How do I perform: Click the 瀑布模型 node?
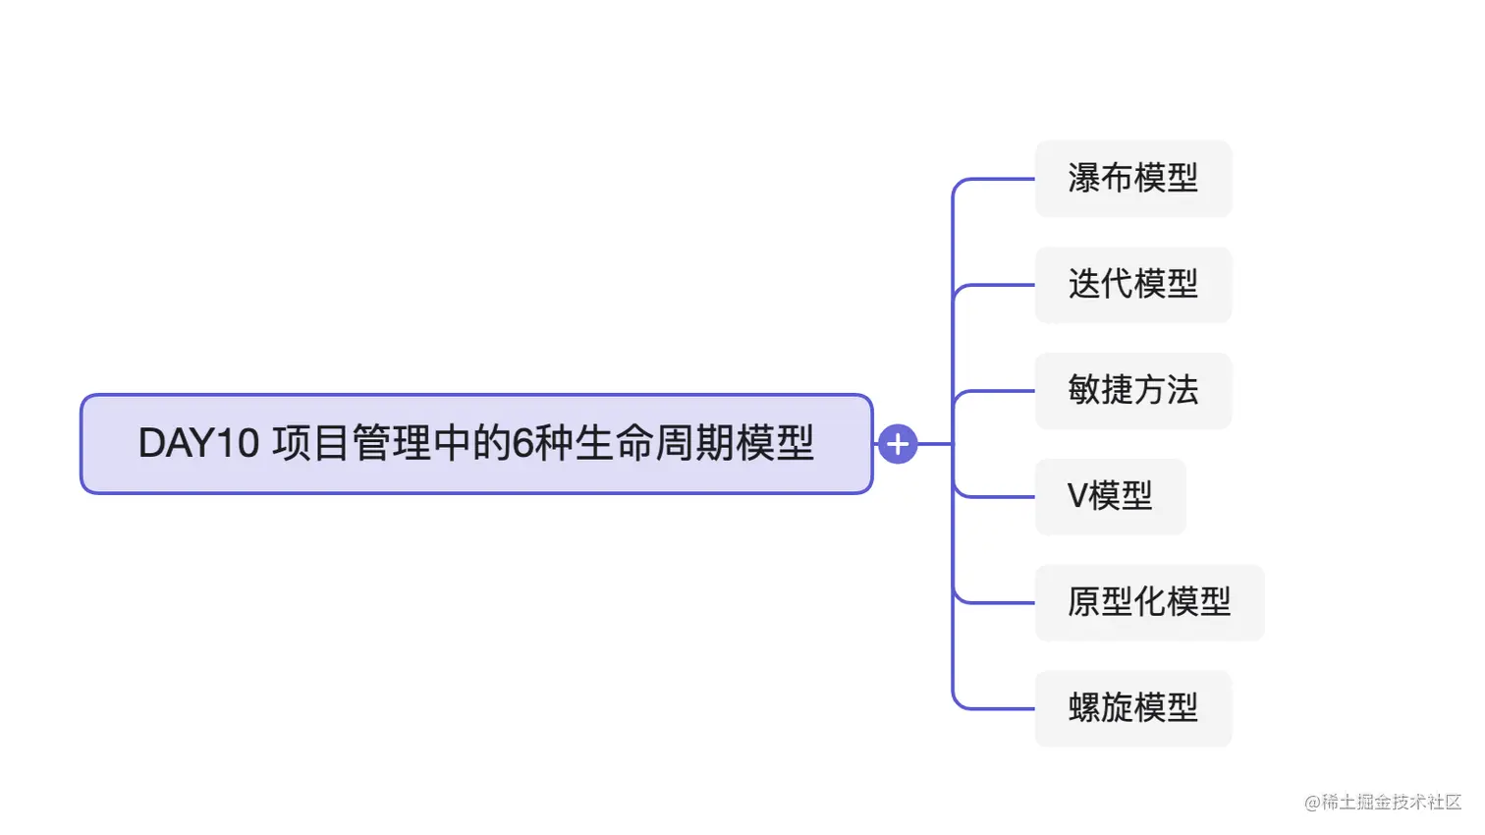(x=1132, y=179)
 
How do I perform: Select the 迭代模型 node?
(x=1132, y=285)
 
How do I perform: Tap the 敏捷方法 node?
(x=1132, y=391)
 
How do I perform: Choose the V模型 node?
(x=1110, y=497)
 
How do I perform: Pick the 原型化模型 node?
(x=1149, y=602)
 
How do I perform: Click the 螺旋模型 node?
(x=1132, y=708)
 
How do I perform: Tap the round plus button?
(x=897, y=444)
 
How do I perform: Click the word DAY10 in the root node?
(x=197, y=444)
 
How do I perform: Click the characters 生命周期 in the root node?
(x=653, y=444)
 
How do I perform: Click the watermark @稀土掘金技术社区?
(x=1383, y=803)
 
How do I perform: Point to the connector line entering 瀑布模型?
(x=997, y=180)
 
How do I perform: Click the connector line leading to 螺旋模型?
(x=997, y=708)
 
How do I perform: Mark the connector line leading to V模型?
(x=997, y=497)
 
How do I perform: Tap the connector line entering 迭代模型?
(x=997, y=285)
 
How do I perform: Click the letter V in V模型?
(x=1077, y=497)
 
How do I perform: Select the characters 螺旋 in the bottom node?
(x=1100, y=708)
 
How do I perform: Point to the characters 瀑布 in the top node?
(x=1100, y=179)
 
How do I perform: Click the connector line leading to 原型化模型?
(x=997, y=602)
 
